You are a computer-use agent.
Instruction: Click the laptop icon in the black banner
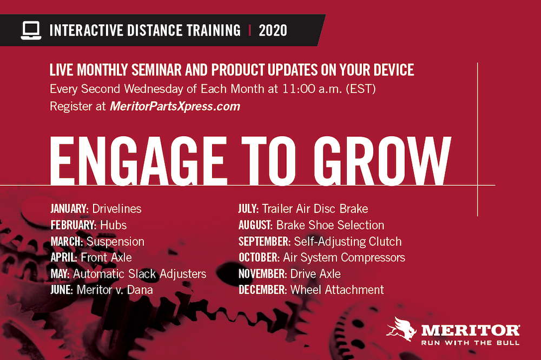(31, 30)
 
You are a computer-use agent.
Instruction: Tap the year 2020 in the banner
(273, 31)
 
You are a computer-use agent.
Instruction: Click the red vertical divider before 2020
(249, 31)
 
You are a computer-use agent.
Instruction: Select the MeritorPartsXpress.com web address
(175, 106)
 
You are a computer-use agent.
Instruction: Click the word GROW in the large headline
(382, 161)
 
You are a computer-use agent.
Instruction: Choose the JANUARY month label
(69, 209)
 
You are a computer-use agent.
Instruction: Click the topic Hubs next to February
(113, 225)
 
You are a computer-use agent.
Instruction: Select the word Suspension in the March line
(115, 242)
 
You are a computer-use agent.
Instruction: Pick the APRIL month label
(63, 258)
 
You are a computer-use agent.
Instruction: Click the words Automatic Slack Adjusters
(140, 274)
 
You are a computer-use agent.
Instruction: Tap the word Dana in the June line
(140, 290)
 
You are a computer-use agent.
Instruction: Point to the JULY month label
(248, 209)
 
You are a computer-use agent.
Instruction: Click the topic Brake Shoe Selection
(330, 225)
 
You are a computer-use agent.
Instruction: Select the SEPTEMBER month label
(265, 242)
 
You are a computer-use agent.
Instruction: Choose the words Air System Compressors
(344, 258)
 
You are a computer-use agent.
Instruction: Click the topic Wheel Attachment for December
(337, 290)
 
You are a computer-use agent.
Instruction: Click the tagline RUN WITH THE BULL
(470, 343)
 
